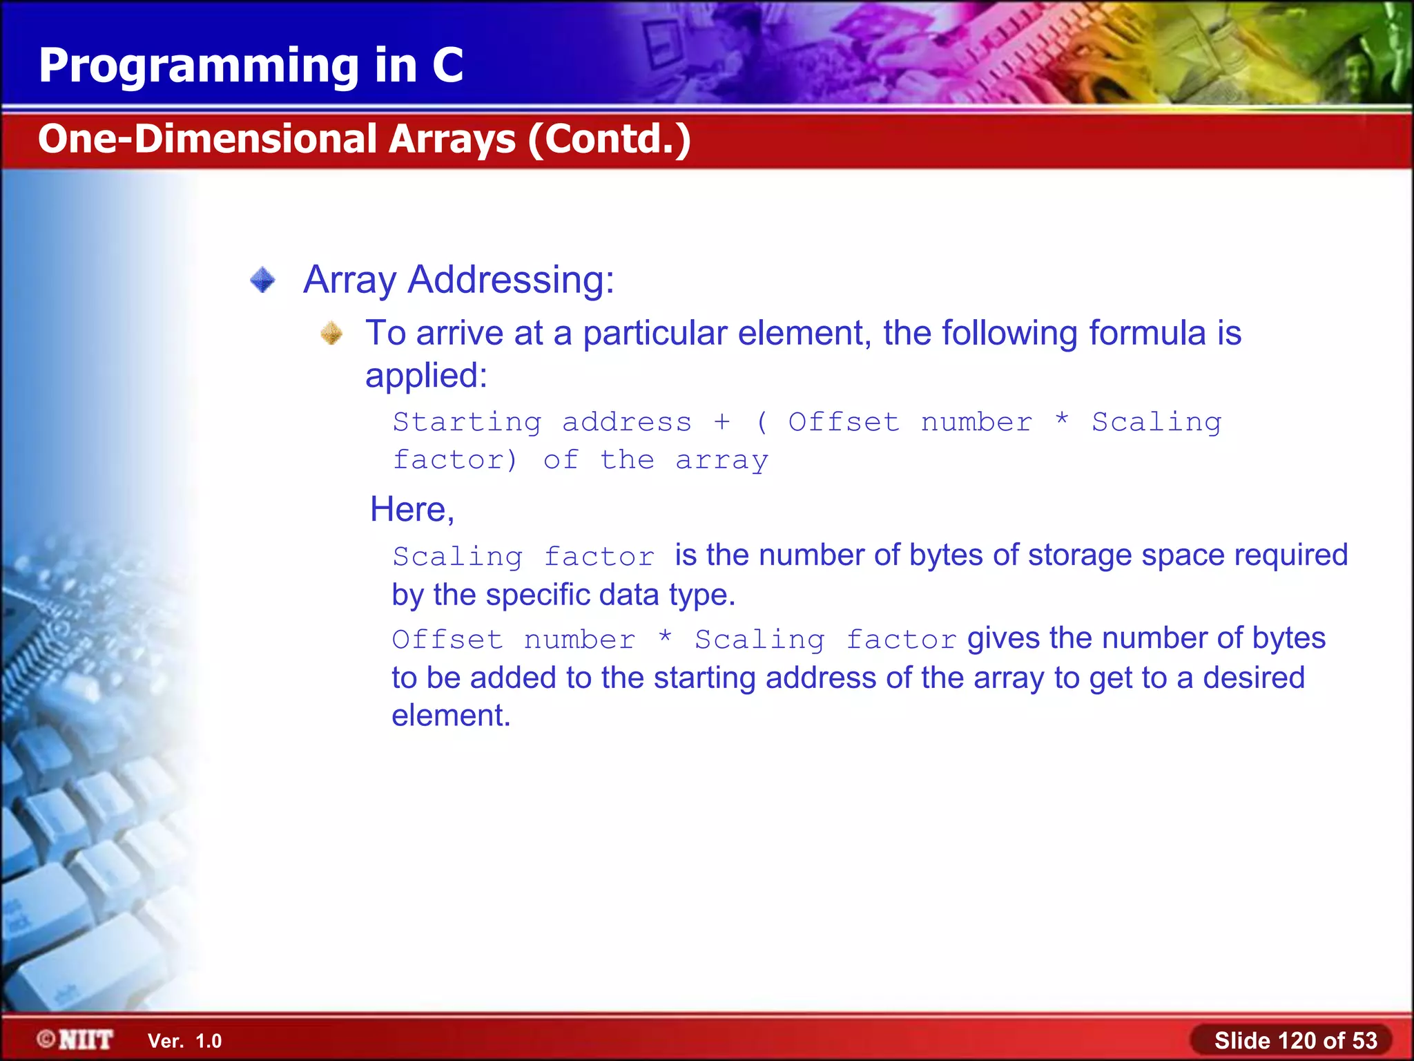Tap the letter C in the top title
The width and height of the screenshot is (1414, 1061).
click(447, 66)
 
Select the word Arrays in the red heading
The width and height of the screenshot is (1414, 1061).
click(452, 139)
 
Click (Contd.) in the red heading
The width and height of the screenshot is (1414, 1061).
click(610, 139)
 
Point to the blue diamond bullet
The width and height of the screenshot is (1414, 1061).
click(262, 280)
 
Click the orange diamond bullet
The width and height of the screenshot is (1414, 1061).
click(331, 334)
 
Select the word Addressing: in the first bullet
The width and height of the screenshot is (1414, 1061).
click(511, 280)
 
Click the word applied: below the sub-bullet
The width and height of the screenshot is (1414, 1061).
click(426, 376)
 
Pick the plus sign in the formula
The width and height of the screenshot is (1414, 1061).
click(721, 421)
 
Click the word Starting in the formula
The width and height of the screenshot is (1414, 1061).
click(467, 422)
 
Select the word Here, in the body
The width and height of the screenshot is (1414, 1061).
click(412, 510)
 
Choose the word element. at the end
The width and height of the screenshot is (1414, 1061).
click(451, 716)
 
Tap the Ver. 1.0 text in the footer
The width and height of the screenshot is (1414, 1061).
click(184, 1041)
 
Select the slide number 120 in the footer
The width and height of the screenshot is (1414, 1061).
click(1297, 1040)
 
